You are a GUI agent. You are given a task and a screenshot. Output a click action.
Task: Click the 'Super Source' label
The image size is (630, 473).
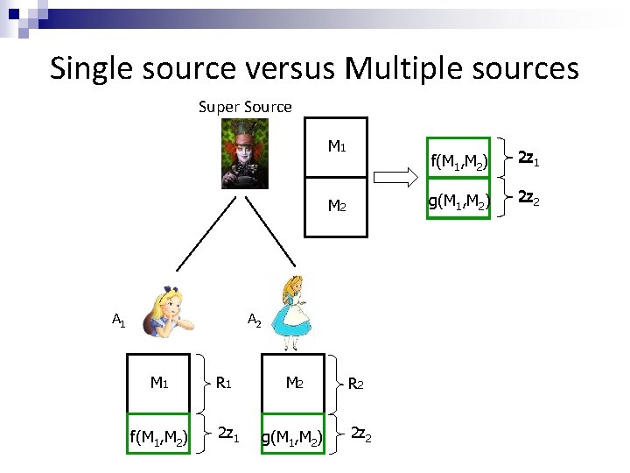(245, 107)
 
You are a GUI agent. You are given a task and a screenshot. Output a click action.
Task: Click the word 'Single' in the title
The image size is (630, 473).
(97, 67)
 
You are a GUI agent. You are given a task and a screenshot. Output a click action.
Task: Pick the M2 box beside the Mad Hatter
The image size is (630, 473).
(336, 207)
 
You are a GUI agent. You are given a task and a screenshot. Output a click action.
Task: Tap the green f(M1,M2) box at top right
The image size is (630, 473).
(458, 160)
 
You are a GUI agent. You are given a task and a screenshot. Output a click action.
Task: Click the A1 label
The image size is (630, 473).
(118, 321)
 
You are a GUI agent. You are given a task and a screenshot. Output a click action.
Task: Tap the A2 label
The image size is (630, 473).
(255, 321)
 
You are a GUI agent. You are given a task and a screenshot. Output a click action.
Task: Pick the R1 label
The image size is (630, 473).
(224, 383)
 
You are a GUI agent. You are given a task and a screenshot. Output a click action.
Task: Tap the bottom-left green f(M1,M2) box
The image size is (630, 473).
(159, 435)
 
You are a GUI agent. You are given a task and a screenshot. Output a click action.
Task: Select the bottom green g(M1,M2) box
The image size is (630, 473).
(292, 435)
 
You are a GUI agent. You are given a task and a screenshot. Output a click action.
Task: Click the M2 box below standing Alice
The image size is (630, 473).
(292, 383)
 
